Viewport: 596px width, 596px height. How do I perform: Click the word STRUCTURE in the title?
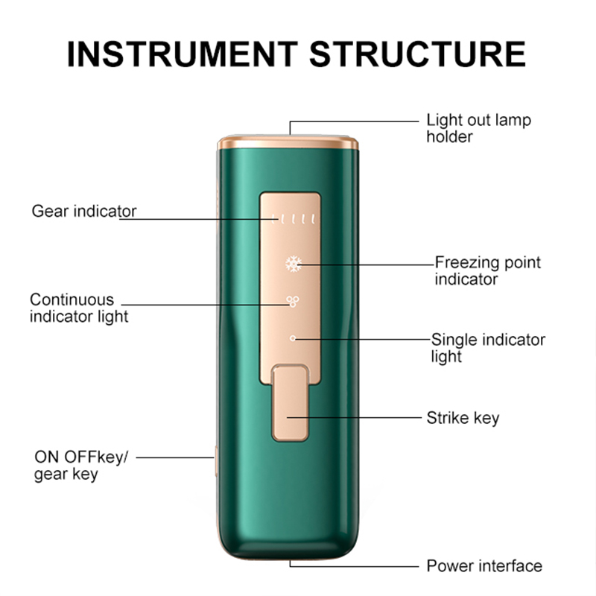pyautogui.click(x=416, y=54)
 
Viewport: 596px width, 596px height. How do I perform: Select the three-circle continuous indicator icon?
pyautogui.click(x=291, y=301)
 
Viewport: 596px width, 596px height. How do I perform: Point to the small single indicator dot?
pyautogui.click(x=293, y=337)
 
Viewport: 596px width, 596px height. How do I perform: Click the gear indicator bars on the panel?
pyautogui.click(x=294, y=219)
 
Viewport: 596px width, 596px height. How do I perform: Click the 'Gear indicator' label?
pyautogui.click(x=83, y=211)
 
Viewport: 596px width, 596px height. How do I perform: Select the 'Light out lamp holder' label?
pyautogui.click(x=478, y=128)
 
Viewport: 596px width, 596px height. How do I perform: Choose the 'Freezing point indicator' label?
pyautogui.click(x=487, y=271)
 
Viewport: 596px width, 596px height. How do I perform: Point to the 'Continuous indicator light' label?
pyautogui.click(x=78, y=308)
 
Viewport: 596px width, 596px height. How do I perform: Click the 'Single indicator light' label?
pyautogui.click(x=488, y=348)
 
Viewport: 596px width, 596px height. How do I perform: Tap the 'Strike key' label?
pyautogui.click(x=463, y=417)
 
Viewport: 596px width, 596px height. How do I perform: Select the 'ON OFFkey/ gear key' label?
pyautogui.click(x=80, y=466)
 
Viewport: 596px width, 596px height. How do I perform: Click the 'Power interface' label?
pyautogui.click(x=484, y=566)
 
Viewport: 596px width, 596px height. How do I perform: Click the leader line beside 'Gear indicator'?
pyautogui.click(x=194, y=219)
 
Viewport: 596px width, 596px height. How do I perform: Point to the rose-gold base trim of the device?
pyautogui.click(x=291, y=552)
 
